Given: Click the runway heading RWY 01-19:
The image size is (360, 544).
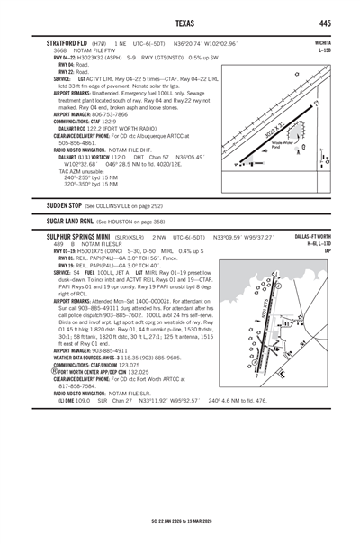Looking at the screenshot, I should tap(69, 250).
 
